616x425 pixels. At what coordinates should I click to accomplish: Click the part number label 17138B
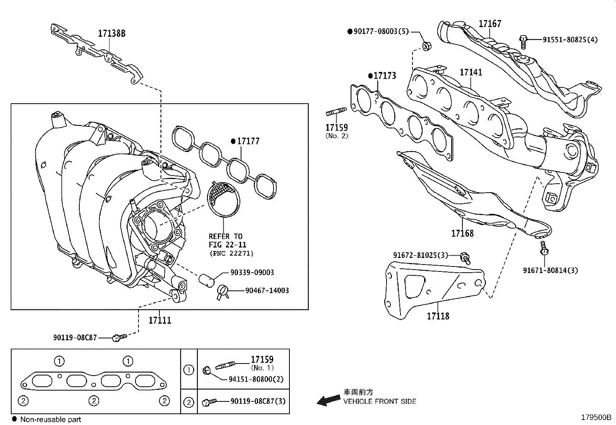click(x=111, y=34)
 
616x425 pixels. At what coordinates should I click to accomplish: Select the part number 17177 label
click(x=248, y=141)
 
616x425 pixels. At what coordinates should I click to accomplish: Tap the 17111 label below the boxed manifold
click(x=160, y=320)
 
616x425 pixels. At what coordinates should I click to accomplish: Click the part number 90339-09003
click(x=252, y=273)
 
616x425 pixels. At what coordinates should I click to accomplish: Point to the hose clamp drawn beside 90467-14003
click(x=223, y=291)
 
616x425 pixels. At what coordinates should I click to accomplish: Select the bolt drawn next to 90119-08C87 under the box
click(x=118, y=338)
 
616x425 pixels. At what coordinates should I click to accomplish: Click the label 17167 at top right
click(x=489, y=24)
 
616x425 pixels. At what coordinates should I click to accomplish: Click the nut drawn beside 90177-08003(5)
click(x=426, y=46)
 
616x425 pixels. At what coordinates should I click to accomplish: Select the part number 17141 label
click(x=471, y=72)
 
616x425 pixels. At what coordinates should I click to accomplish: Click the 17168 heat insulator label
click(x=462, y=233)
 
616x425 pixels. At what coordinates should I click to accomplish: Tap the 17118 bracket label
click(x=438, y=316)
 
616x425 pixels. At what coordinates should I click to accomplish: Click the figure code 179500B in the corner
click(x=595, y=418)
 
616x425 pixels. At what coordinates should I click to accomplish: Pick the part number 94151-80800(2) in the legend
click(x=256, y=379)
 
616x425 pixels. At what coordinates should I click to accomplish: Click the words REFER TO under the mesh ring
click(x=225, y=236)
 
